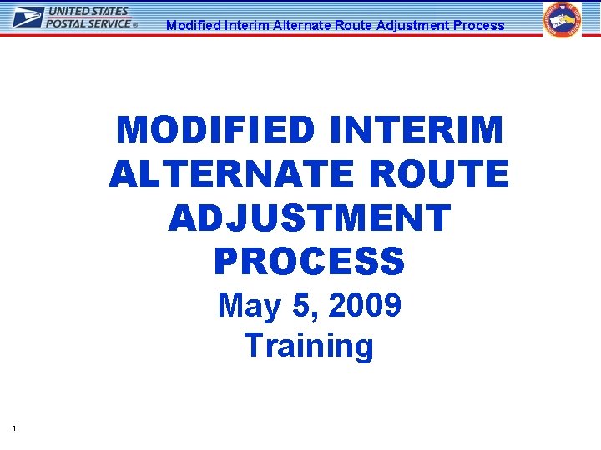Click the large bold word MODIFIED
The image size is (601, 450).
pyautogui.click(x=216, y=131)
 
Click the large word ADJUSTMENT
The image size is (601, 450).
pyautogui.click(x=309, y=218)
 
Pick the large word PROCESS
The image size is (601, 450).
pyautogui.click(x=309, y=262)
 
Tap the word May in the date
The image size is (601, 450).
pyautogui.click(x=249, y=307)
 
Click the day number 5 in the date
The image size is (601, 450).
pyautogui.click(x=302, y=307)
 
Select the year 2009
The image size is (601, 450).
pyautogui.click(x=365, y=307)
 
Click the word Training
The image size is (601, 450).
pyautogui.click(x=309, y=345)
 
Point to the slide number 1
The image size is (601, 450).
pyautogui.click(x=15, y=428)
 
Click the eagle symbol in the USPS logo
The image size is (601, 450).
pyautogui.click(x=28, y=17)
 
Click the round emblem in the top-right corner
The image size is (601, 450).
pyautogui.click(x=563, y=20)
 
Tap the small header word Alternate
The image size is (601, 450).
pyautogui.click(x=301, y=25)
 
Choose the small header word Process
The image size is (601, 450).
pyautogui.click(x=478, y=25)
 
